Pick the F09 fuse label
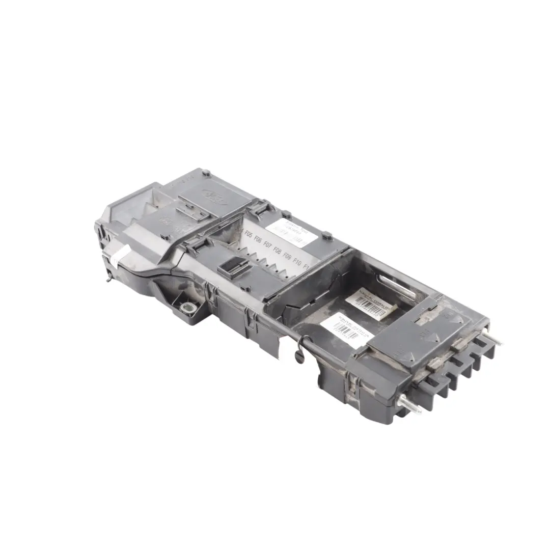click(288, 256)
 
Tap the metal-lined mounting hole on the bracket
click(189, 307)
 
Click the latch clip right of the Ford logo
click(260, 208)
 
